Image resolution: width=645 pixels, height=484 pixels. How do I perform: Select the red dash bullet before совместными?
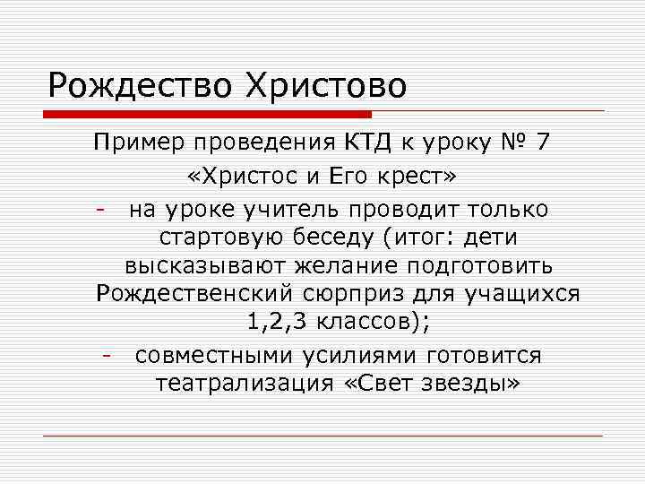(106, 356)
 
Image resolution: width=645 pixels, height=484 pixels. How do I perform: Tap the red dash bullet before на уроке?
(105, 210)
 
